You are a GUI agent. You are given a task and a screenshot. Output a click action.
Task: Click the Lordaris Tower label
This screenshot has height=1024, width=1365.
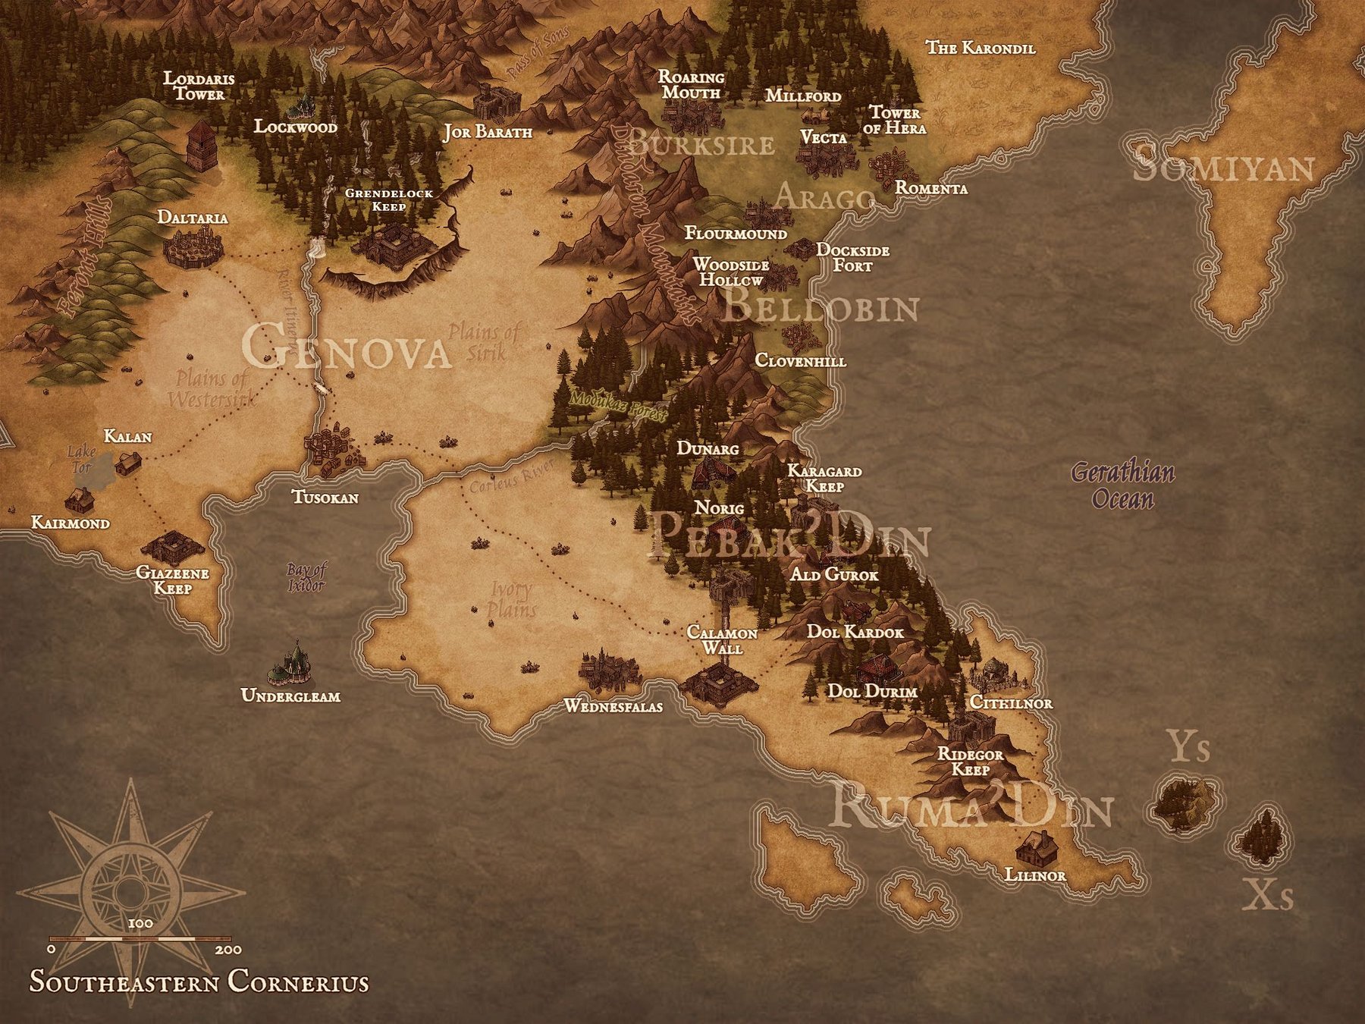point(199,86)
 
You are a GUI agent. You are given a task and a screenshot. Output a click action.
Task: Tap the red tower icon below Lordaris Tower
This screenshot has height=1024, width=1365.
point(201,146)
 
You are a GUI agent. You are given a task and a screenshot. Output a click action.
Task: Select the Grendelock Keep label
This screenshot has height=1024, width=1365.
point(388,199)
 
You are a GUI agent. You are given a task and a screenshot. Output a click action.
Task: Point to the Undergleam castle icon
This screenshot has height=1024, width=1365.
point(290,664)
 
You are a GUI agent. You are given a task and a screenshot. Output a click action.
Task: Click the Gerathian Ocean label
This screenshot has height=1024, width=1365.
point(1123,486)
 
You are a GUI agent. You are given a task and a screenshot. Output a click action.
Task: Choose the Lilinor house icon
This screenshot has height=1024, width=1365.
point(1037,847)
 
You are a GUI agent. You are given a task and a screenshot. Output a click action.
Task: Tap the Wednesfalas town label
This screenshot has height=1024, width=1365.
point(613,707)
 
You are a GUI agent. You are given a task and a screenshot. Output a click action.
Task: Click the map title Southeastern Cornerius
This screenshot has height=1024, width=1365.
point(199,982)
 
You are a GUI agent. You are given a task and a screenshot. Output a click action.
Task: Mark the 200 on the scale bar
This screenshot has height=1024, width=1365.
point(228,950)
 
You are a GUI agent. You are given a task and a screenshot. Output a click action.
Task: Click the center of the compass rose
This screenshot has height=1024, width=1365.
point(130,892)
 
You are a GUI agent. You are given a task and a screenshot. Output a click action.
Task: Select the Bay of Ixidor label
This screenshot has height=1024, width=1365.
point(306,577)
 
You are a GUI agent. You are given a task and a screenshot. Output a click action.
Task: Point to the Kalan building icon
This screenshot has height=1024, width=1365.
point(128,462)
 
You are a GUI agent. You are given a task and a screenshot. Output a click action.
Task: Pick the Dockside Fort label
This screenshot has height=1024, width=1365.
point(852,258)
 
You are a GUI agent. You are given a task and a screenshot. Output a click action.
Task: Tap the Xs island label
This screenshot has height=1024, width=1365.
point(1267,897)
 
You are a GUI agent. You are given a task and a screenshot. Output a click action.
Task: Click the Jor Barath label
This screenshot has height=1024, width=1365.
point(488,133)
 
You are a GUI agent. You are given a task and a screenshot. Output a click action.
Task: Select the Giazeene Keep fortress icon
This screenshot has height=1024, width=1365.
point(173,545)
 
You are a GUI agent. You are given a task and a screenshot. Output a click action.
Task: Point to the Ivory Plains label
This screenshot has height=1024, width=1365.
point(511,599)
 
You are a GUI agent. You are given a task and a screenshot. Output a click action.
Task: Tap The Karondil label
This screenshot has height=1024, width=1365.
point(980,48)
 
